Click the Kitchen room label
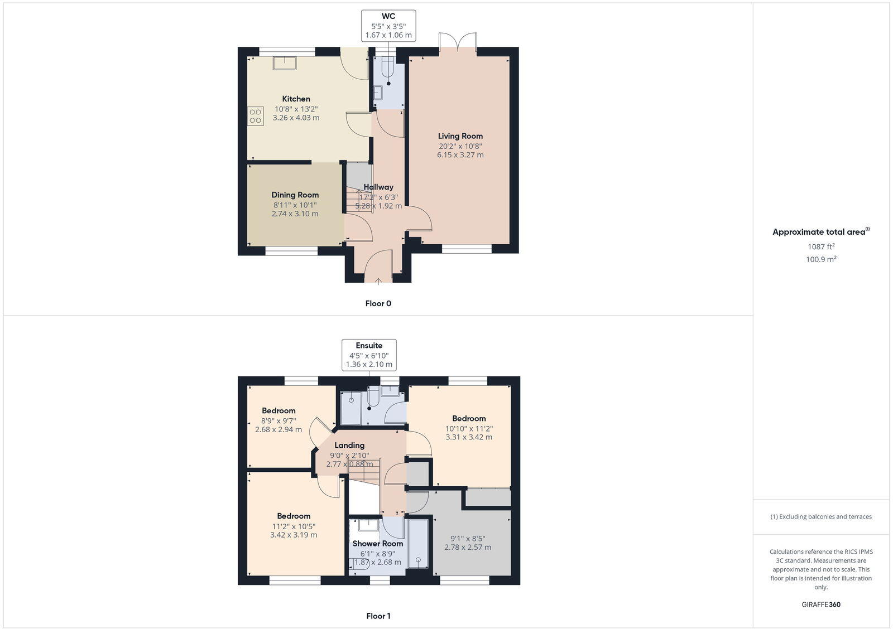296,99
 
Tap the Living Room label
460,136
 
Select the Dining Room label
295,195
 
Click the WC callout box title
388,16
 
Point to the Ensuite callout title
369,345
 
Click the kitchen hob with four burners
256,116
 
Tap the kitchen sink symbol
285,62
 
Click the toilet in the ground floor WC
388,70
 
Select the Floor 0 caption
378,303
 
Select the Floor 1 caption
378,616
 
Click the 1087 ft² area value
821,246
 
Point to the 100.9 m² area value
821,259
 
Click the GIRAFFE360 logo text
821,604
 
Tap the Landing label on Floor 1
349,445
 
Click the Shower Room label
378,544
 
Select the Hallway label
378,187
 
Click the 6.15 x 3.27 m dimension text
460,155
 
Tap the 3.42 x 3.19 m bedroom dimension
294,535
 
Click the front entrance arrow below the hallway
378,281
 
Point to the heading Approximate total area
819,232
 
